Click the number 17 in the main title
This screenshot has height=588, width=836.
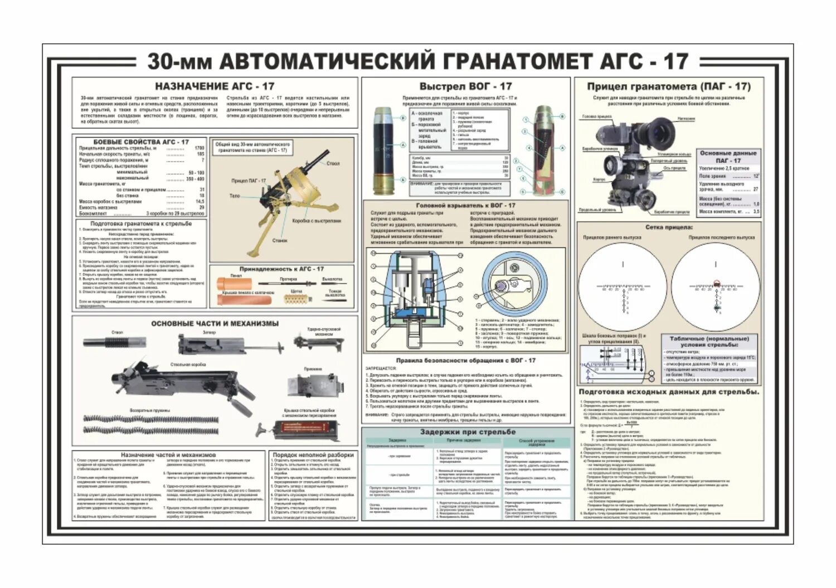point(675,61)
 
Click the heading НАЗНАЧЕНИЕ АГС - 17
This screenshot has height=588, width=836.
point(215,86)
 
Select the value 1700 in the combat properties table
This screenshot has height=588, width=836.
point(199,148)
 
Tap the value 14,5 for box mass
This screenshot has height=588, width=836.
point(200,201)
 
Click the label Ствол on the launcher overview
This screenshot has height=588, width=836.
point(333,163)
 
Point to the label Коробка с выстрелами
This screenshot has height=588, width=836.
point(316,221)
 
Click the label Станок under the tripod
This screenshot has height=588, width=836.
point(280,241)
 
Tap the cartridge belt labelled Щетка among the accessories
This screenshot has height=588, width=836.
point(296,299)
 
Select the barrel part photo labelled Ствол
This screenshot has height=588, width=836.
point(115,342)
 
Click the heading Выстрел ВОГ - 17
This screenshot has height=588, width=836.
point(465,86)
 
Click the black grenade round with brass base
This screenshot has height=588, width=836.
point(385,151)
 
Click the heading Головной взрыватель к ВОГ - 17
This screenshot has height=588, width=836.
point(465,205)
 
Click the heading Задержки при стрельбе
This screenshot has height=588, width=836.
point(468,432)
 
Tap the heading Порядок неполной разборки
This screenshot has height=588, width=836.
point(313,455)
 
